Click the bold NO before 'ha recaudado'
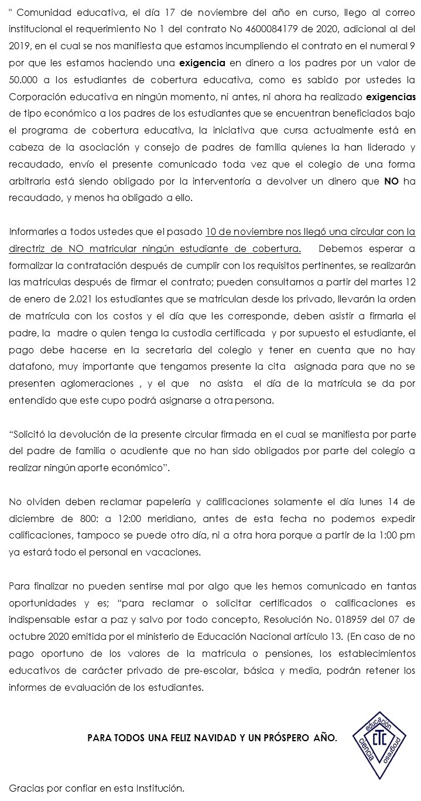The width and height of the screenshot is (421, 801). (391, 181)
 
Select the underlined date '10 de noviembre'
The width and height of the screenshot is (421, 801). (239, 231)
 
